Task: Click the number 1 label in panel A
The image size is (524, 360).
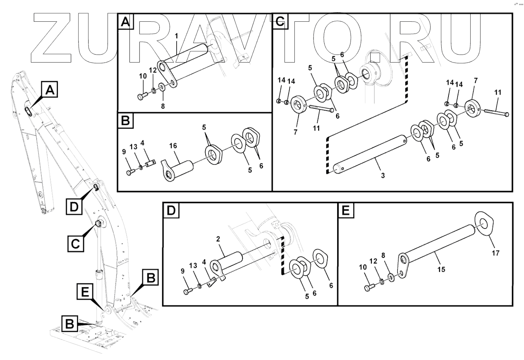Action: pyautogui.click(x=177, y=36)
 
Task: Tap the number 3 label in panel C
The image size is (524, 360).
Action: pyautogui.click(x=383, y=176)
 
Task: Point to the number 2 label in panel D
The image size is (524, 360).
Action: pyautogui.click(x=218, y=239)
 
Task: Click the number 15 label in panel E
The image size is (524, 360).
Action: pyautogui.click(x=441, y=269)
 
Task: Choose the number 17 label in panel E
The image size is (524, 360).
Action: pyautogui.click(x=495, y=253)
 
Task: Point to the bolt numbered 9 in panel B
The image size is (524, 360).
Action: pyautogui.click(x=130, y=173)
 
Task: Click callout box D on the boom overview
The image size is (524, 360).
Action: pyautogui.click(x=75, y=206)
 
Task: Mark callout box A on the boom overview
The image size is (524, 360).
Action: pyautogui.click(x=50, y=90)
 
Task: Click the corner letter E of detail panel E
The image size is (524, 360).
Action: pyautogui.click(x=346, y=210)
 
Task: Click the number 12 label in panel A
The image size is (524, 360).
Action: pyautogui.click(x=153, y=71)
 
